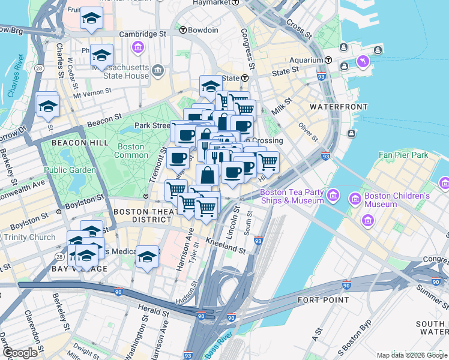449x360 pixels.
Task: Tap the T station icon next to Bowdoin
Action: pyautogui.click(x=182, y=29)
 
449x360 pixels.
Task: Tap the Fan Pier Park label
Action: pyautogui.click(x=403, y=155)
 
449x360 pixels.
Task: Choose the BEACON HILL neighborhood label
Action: pyautogui.click(x=80, y=142)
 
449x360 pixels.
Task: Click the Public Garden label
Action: pyautogui.click(x=70, y=170)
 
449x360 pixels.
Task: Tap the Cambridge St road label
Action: pyautogui.click(x=142, y=34)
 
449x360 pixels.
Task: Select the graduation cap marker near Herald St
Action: pyautogui.click(x=147, y=256)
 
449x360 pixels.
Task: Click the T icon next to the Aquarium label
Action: pyautogui.click(x=328, y=60)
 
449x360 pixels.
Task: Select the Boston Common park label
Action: pyautogui.click(x=131, y=151)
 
